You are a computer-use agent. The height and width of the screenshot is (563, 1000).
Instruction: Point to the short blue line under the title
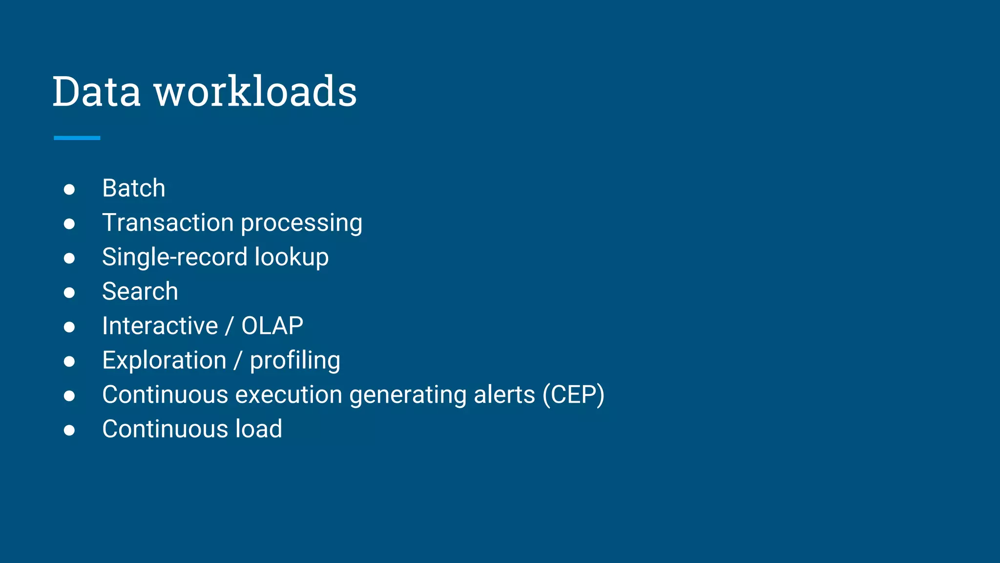pyautogui.click(x=77, y=138)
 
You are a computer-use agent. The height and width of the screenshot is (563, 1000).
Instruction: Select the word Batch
pyautogui.click(x=134, y=188)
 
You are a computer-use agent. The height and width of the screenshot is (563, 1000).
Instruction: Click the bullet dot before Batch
pyautogui.click(x=69, y=190)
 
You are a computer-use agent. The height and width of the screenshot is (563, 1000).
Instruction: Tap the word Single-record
pyautogui.click(x=175, y=258)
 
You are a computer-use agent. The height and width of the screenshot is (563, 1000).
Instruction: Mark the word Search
pyautogui.click(x=140, y=292)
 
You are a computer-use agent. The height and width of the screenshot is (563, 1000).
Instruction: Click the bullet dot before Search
pyautogui.click(x=69, y=293)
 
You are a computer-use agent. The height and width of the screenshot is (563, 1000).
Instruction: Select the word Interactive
pyautogui.click(x=160, y=326)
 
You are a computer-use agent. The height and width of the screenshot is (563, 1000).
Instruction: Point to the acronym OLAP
pyautogui.click(x=272, y=326)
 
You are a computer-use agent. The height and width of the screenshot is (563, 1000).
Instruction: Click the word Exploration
pyautogui.click(x=165, y=361)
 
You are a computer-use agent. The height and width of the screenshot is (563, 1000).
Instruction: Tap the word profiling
pyautogui.click(x=295, y=361)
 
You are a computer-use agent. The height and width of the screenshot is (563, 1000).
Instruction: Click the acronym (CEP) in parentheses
pyautogui.click(x=573, y=395)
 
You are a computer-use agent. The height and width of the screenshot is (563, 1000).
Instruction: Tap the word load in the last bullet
pyautogui.click(x=259, y=429)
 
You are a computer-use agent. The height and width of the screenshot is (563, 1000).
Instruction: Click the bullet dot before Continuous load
pyautogui.click(x=69, y=430)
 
